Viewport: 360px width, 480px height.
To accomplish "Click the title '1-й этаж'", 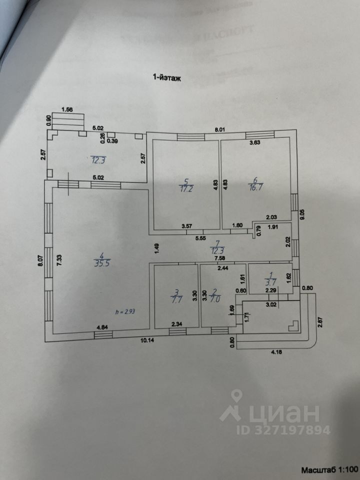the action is [166, 77].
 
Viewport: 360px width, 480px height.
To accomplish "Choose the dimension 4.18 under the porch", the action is [276, 353].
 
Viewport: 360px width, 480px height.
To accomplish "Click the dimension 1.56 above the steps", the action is [67, 109].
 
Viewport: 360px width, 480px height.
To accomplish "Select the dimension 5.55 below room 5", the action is [201, 239].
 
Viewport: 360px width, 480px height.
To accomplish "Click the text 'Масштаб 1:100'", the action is [329, 470].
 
